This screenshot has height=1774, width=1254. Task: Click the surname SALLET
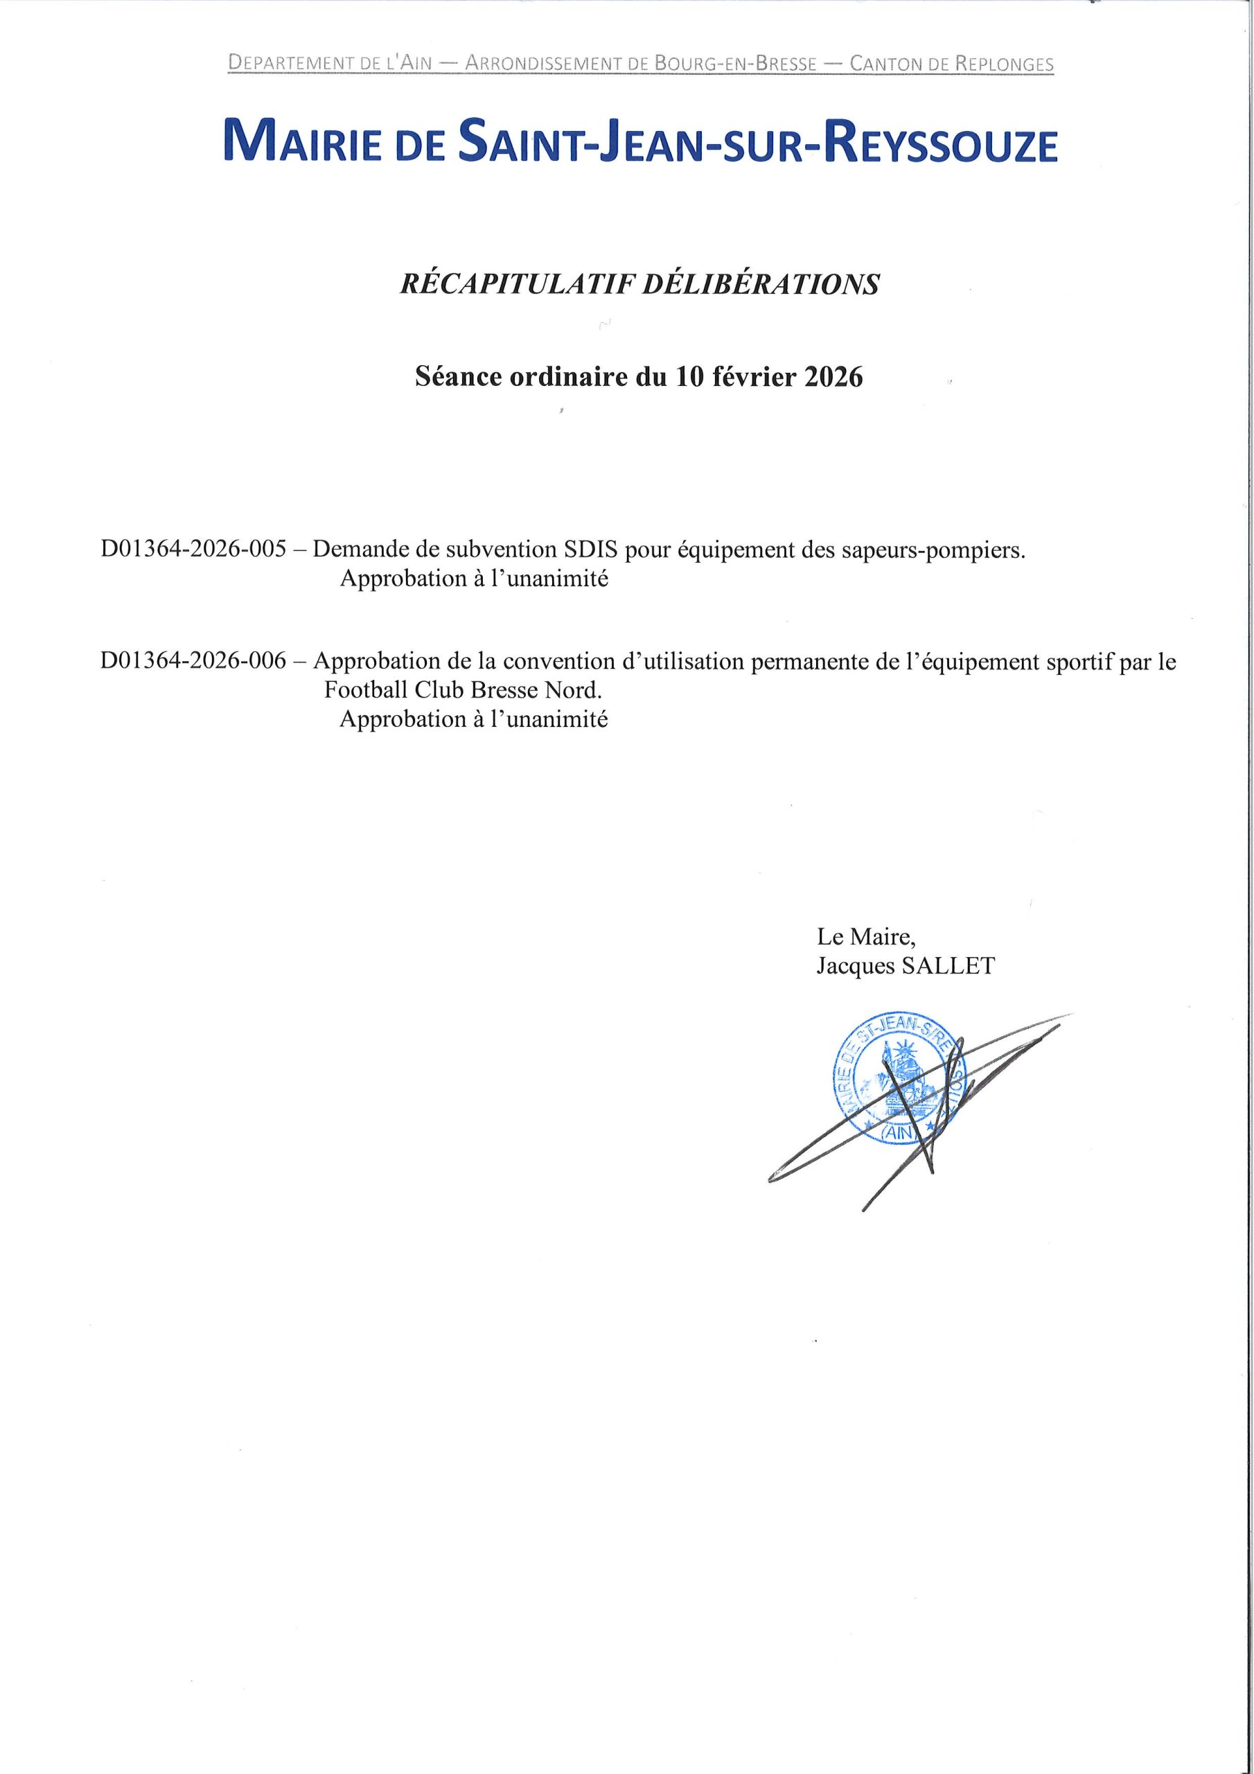pyautogui.click(x=947, y=966)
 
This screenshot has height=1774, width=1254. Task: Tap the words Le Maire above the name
pyautogui.click(x=866, y=937)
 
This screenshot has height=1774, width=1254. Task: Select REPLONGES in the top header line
pyautogui.click(x=1004, y=64)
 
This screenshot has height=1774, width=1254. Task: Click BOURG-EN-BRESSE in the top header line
pyautogui.click(x=735, y=64)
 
